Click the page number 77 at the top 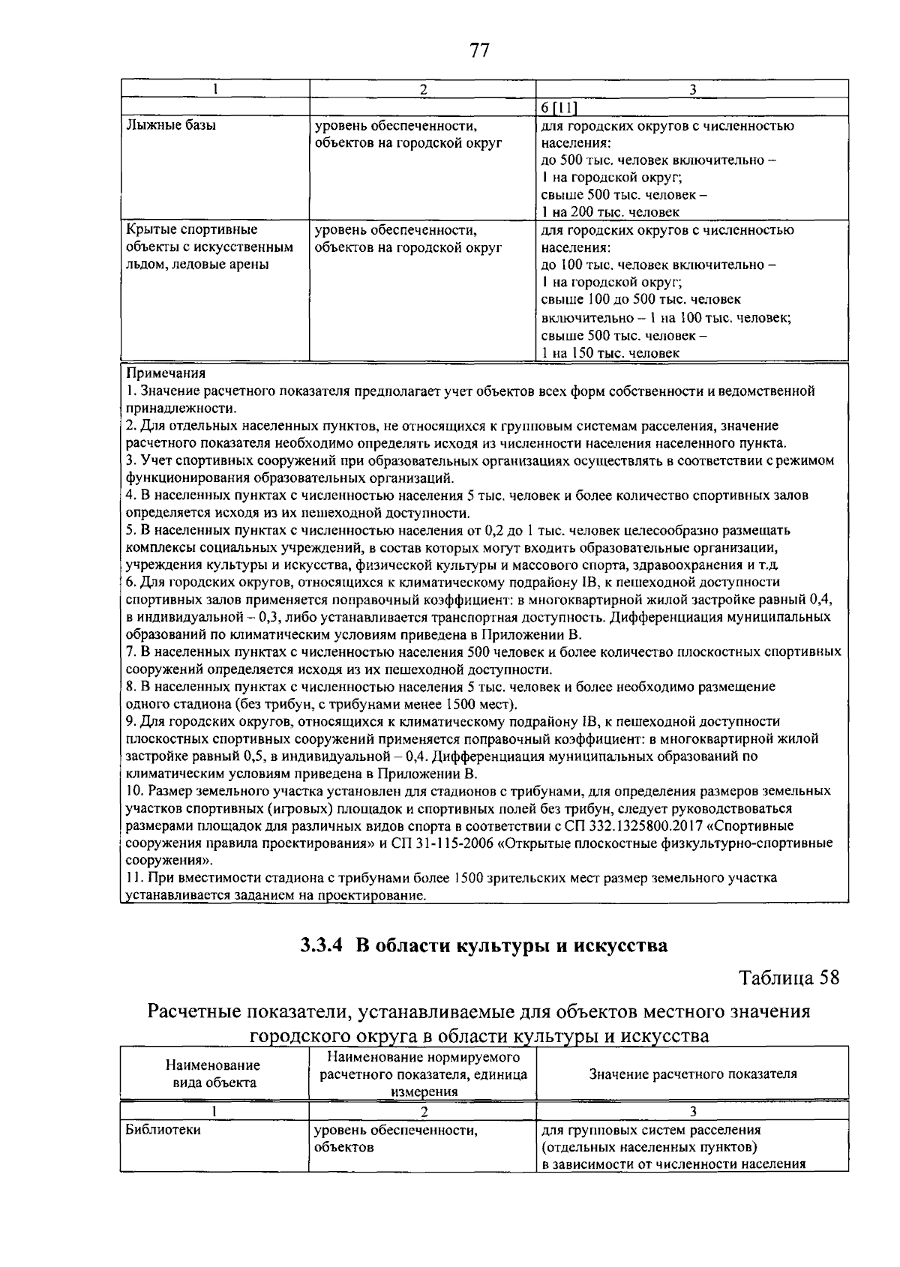tap(479, 50)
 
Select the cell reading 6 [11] tap(559, 107)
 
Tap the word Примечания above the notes tap(166, 373)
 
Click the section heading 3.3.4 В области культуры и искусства tap(484, 945)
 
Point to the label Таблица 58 tap(789, 978)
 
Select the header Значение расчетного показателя tap(692, 1074)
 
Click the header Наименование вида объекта tap(214, 1074)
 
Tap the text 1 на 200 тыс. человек tap(610, 212)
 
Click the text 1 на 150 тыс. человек tap(610, 352)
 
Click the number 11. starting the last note tap(135, 878)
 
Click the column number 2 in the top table tap(423, 88)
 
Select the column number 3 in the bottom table tap(692, 1111)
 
